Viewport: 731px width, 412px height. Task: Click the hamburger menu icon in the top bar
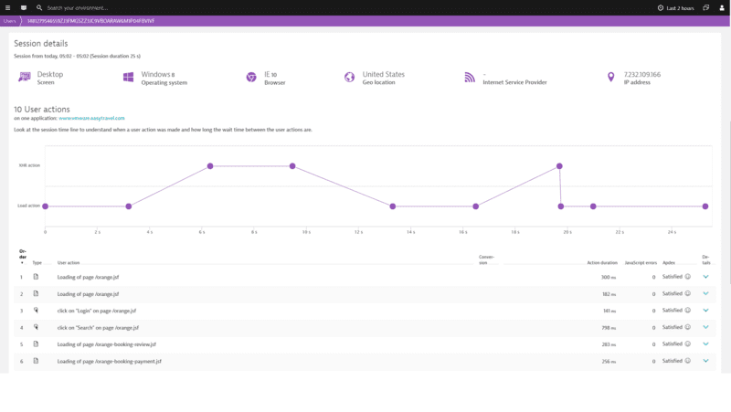coord(7,7)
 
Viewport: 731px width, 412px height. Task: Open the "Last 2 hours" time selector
coord(676,7)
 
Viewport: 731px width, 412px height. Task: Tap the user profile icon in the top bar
coord(722,7)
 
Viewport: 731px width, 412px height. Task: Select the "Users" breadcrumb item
coord(9,21)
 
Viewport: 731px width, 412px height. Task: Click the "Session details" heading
coord(41,43)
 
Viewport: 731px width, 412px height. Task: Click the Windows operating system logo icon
coord(128,78)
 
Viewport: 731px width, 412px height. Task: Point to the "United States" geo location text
coord(383,74)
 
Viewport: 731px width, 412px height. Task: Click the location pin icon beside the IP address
coord(611,78)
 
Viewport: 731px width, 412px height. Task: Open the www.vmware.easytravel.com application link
coord(91,118)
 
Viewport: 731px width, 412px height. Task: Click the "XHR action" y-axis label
coord(29,165)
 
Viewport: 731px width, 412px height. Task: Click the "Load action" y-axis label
coord(28,206)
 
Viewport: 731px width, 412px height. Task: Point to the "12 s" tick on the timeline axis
coord(358,232)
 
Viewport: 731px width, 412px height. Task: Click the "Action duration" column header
coord(602,263)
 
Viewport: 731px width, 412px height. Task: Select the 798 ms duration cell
coord(609,327)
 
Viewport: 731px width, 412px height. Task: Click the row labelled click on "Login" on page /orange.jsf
coord(98,311)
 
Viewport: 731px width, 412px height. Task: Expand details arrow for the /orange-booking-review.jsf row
coord(705,344)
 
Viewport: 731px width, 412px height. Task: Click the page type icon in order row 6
coord(36,361)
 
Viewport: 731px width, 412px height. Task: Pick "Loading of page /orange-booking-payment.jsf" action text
coord(109,361)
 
